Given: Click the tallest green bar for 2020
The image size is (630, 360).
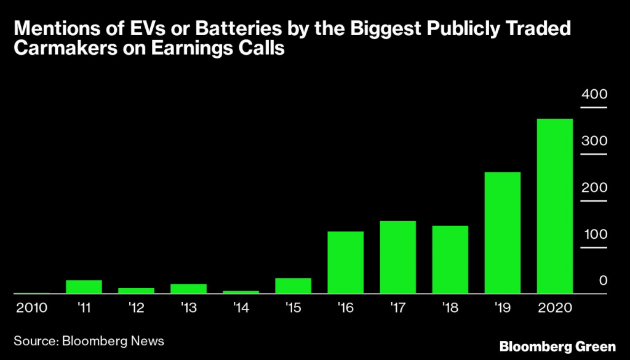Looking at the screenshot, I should pos(555,206).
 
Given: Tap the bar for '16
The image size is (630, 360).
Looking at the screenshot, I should pos(345,263).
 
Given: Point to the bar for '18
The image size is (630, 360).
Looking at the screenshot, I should pos(450,260).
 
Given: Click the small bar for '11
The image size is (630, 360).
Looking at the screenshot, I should pos(84,287).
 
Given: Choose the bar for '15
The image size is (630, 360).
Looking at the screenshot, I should pos(293,286).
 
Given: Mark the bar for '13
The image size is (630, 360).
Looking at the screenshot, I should pos(188,289).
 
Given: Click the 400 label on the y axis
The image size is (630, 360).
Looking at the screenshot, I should pos(594,95).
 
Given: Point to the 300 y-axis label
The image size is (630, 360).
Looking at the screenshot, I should pos(594,141).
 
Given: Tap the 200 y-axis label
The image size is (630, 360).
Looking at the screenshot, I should pos(594,188).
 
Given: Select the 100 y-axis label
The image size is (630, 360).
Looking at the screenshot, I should pos(594,234).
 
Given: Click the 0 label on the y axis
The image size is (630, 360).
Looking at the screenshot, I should pos(604,281).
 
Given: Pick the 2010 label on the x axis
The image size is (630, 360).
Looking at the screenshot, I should pos(31,307).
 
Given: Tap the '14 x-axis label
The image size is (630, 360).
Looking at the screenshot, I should pos(241,307).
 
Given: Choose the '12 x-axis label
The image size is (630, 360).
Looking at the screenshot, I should pos(136,307).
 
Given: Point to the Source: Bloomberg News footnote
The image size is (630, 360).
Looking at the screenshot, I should pos(90,339).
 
